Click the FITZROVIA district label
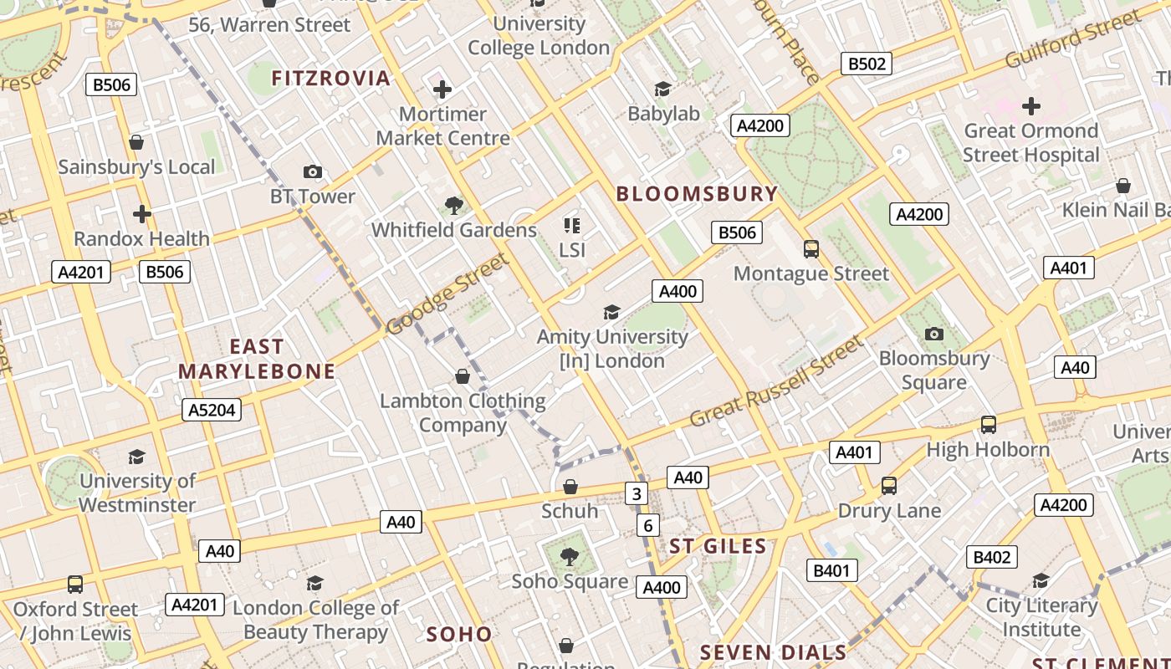point(331,79)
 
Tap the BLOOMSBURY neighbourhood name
point(698,194)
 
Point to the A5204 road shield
point(212,410)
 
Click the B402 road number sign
point(992,557)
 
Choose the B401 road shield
point(831,571)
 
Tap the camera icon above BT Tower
point(313,172)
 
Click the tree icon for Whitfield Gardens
point(454,205)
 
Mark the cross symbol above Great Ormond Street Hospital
point(1031,106)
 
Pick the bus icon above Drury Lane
point(889,486)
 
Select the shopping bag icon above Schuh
point(570,487)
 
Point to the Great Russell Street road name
point(775,381)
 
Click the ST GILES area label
point(718,547)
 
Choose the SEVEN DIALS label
point(773,652)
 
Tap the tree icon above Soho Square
point(570,556)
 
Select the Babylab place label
point(664,114)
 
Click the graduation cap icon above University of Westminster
point(136,457)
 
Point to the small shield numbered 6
point(647,525)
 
